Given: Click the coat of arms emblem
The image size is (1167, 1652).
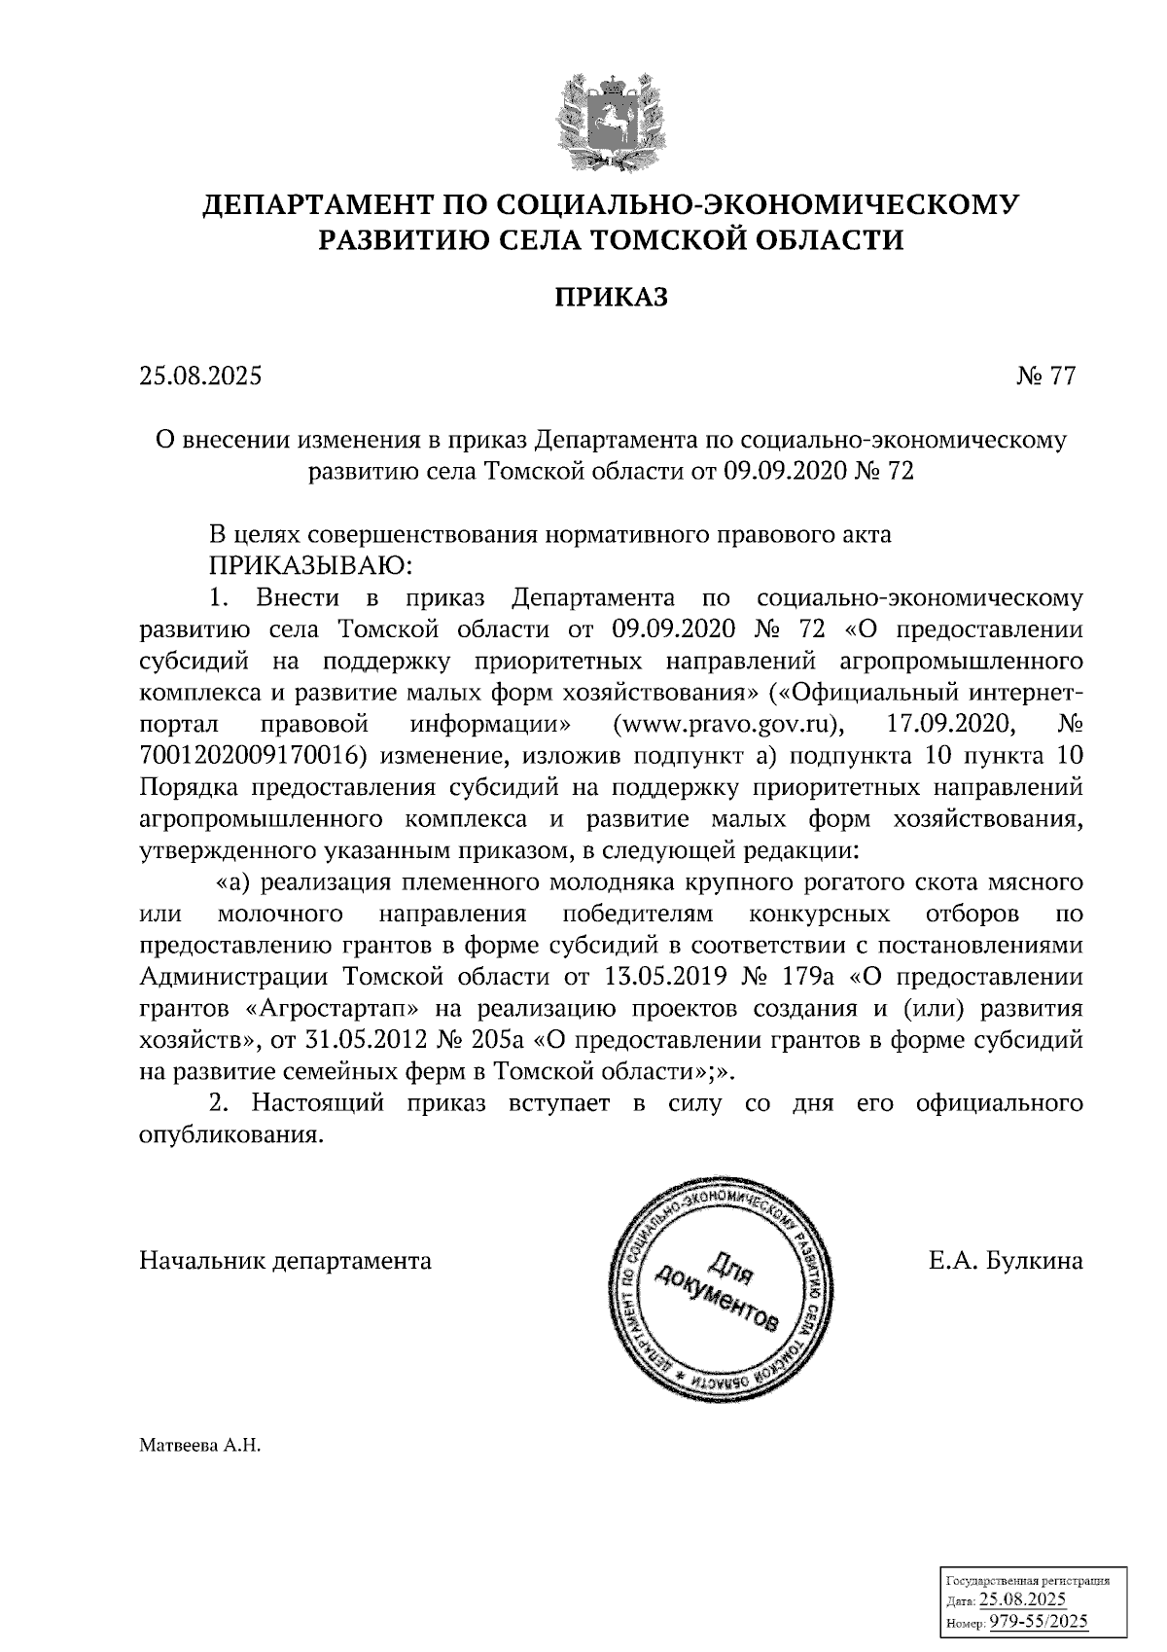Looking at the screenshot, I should [x=612, y=118].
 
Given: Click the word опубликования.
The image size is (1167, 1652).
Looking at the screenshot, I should [x=230, y=1134].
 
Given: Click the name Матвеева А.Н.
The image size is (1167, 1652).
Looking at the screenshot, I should [x=200, y=1446].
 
